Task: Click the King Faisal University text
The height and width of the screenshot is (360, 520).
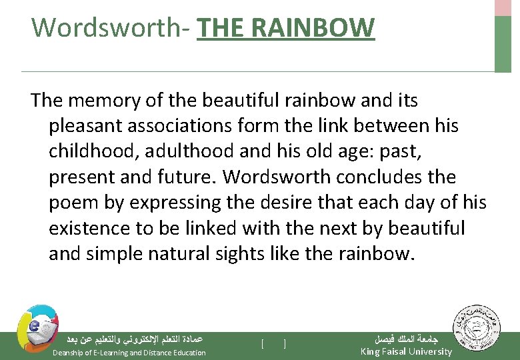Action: pyautogui.click(x=406, y=351)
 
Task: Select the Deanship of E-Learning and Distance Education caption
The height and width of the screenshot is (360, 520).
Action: pyautogui.click(x=129, y=352)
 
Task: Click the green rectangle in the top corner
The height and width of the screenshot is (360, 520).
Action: pyautogui.click(x=503, y=43)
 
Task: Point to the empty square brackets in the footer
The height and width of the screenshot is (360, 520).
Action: pyautogui.click(x=273, y=344)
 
